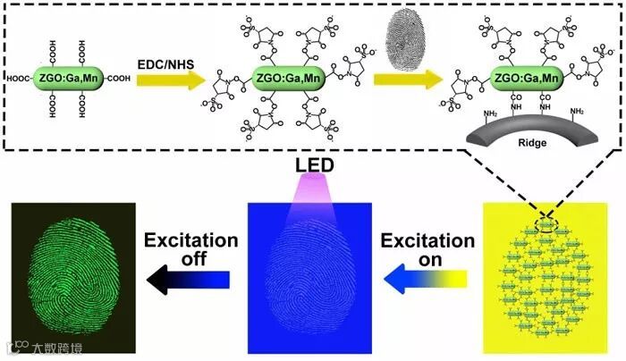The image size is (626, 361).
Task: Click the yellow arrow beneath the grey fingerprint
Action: pos(407,81)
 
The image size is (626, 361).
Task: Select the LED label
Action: pos(309,166)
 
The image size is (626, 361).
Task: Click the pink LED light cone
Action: pos(309,201)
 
